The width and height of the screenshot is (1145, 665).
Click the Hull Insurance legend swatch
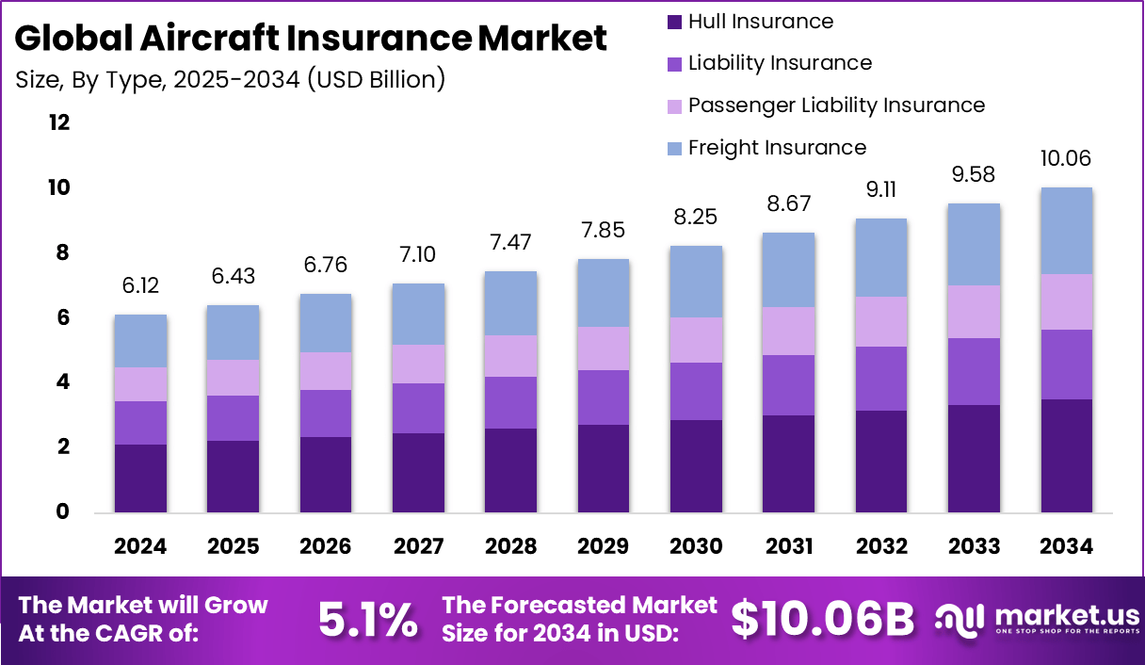[x=674, y=22]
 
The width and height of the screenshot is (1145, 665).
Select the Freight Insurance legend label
[x=777, y=148]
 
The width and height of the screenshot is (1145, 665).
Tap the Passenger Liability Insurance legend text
[x=836, y=105]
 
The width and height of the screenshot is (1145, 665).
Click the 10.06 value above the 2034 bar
[x=1066, y=159]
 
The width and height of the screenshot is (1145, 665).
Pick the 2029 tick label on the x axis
[x=604, y=547]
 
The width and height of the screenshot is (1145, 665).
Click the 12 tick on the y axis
[x=59, y=123]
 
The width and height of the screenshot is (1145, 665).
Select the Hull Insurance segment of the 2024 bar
[x=140, y=478]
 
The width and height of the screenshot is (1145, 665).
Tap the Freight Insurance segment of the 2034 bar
[x=1066, y=231]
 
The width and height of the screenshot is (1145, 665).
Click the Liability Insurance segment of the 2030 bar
[x=696, y=391]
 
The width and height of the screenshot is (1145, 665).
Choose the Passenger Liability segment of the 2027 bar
[x=419, y=364]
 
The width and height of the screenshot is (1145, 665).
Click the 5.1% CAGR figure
[x=367, y=620]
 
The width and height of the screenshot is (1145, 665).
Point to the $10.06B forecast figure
[x=823, y=620]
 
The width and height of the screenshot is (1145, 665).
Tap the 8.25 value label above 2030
[x=696, y=218]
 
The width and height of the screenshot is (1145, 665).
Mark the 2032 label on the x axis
[x=881, y=547]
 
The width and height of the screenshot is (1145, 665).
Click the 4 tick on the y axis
[x=63, y=382]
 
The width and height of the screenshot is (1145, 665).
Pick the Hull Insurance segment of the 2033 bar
[x=974, y=459]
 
